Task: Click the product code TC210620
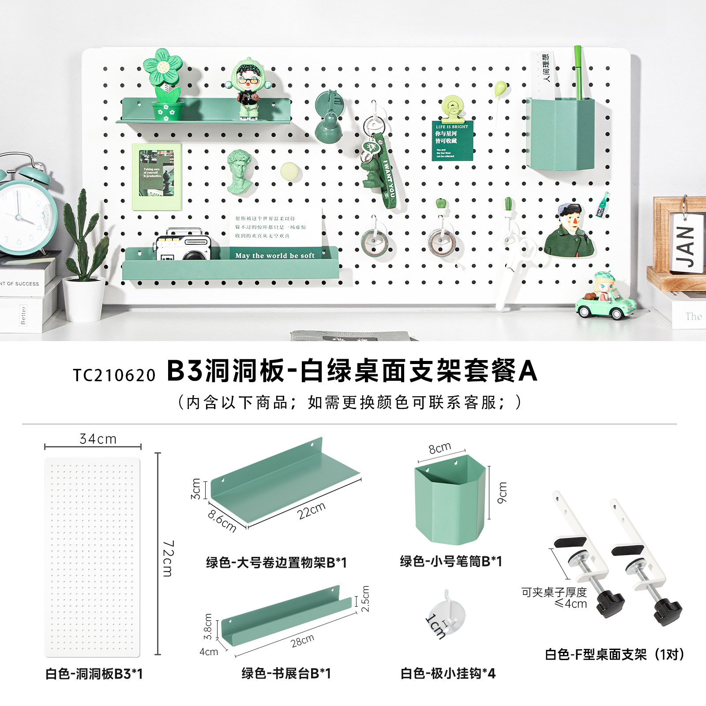click(x=114, y=375)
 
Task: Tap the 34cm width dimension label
click(x=98, y=439)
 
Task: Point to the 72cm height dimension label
click(x=168, y=558)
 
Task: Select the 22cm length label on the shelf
click(x=311, y=511)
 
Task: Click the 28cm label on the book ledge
click(x=303, y=641)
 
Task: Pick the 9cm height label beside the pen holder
click(x=502, y=492)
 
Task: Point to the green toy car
click(x=606, y=304)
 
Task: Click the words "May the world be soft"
click(x=275, y=255)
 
